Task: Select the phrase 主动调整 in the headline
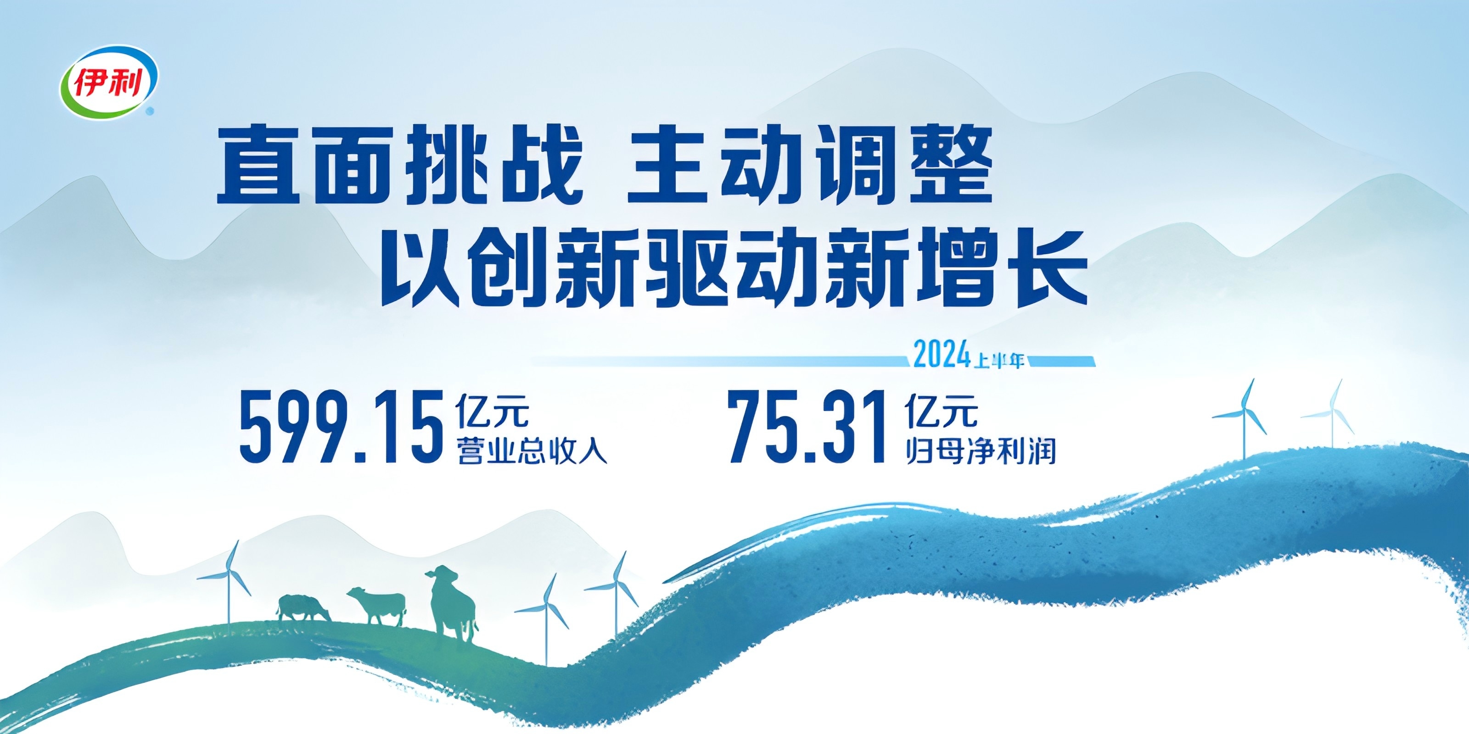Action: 810,166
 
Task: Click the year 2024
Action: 942,355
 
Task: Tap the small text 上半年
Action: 999,361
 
